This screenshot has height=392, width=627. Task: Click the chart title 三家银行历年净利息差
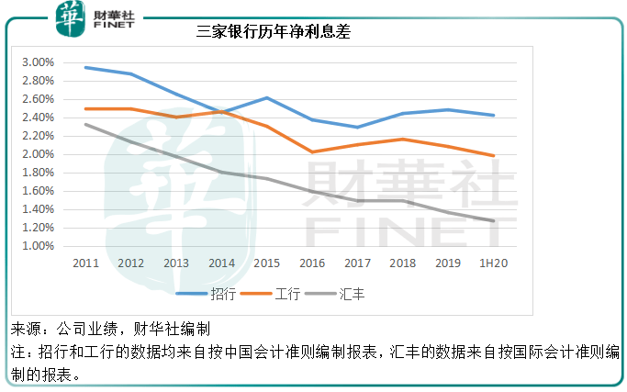[x=274, y=31]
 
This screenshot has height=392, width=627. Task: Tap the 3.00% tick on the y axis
[x=39, y=62]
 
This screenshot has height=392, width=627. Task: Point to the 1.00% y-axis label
[x=39, y=246]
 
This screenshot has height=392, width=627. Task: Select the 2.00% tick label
[x=39, y=154]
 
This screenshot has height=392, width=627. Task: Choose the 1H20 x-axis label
[x=493, y=263]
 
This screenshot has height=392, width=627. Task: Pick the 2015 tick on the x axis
[x=266, y=263]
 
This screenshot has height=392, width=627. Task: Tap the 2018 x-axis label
[x=402, y=263]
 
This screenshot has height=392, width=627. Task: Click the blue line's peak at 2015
[x=266, y=97]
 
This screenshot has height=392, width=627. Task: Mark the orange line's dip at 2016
[x=311, y=152]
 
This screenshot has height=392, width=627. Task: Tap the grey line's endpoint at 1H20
[x=494, y=220]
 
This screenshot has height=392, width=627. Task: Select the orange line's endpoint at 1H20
[x=494, y=155]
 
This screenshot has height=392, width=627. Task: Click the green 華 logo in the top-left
[x=68, y=17]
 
